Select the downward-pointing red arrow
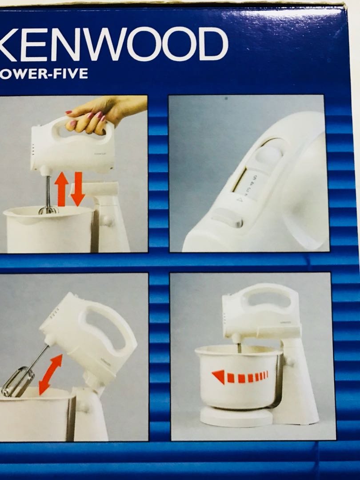[78, 188]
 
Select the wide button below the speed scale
[227, 221]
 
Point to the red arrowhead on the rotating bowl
[218, 377]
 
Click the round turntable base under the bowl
[236, 417]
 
